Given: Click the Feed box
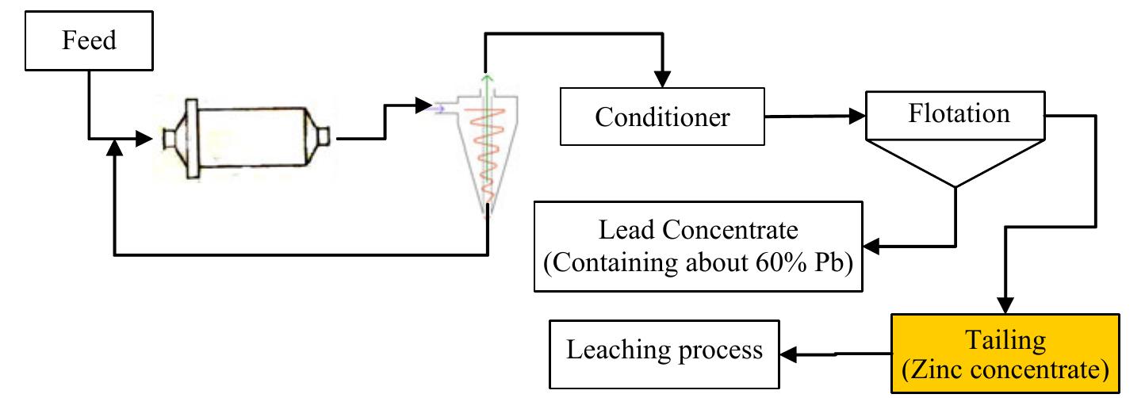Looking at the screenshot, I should pos(89,40).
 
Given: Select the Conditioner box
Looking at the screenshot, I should pos(662,117).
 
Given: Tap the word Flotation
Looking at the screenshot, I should pos(959,113).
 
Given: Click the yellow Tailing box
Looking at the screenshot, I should pos(1005,354).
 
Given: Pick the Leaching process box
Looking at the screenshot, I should pos(663,350).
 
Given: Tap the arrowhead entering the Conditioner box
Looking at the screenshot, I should pos(662,80).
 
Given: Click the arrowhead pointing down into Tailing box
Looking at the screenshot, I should pos(1005,306).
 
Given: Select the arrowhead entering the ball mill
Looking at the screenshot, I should pos(143,138).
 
